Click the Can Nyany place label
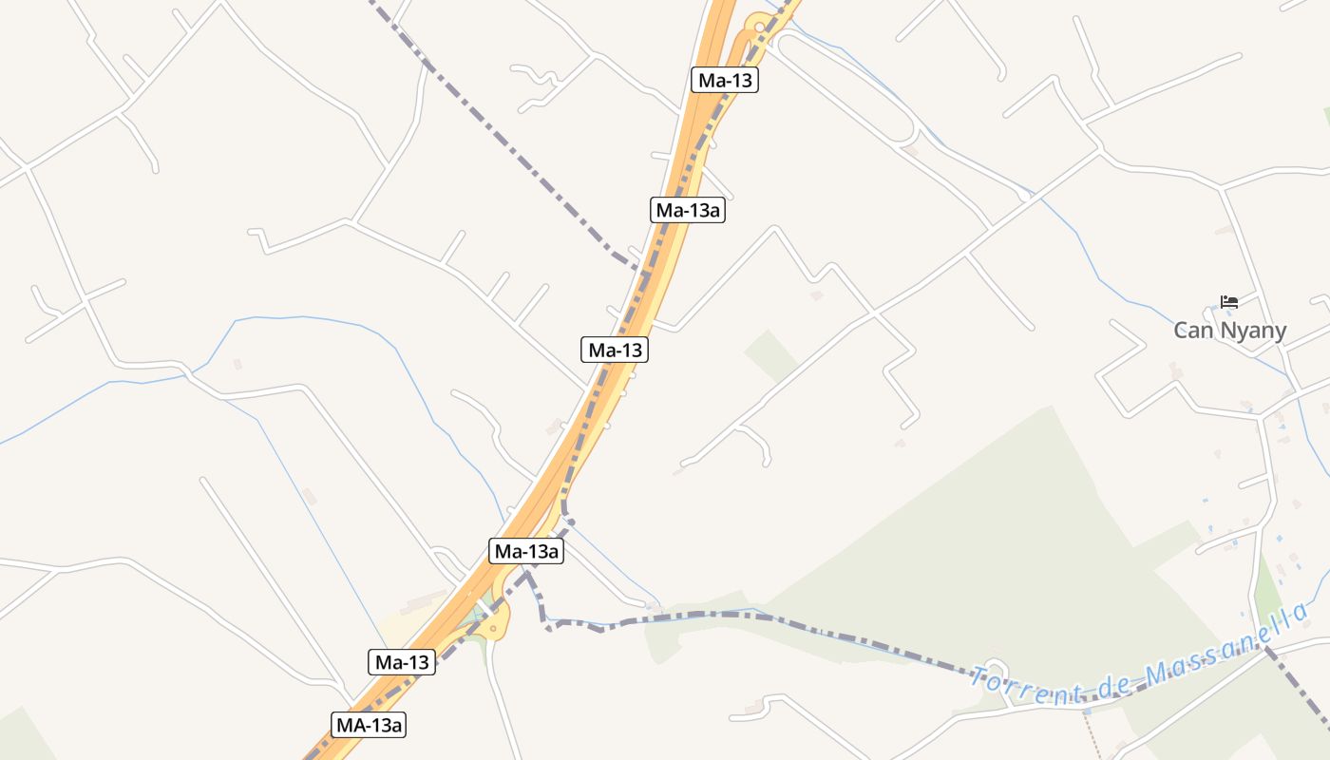pyautogui.click(x=1229, y=331)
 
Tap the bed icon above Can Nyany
pyautogui.click(x=1229, y=302)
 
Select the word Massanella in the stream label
pyautogui.click(x=1225, y=646)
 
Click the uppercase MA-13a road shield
pyautogui.click(x=369, y=725)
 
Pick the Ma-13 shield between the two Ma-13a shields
pyautogui.click(x=615, y=350)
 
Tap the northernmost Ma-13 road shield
pyautogui.click(x=725, y=80)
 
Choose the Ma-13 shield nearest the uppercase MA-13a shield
pyautogui.click(x=401, y=662)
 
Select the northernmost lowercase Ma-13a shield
pyautogui.click(x=687, y=210)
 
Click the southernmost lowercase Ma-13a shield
pyautogui.click(x=526, y=551)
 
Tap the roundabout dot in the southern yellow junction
pyautogui.click(x=494, y=628)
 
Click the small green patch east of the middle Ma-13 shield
pyautogui.click(x=770, y=354)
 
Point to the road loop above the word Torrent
pyautogui.click(x=994, y=670)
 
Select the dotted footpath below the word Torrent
pyautogui.click(x=1092, y=731)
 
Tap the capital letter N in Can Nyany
pyautogui.click(x=1219, y=331)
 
